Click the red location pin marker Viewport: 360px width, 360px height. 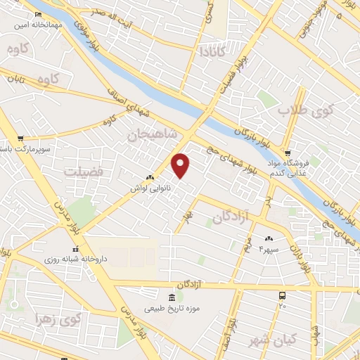click(181, 166)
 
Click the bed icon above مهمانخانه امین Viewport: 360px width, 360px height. click(37, 13)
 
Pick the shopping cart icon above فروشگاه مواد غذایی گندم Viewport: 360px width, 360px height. click(288, 153)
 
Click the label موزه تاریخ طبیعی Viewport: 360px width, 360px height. click(170, 308)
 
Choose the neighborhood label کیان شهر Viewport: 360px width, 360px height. click(273, 340)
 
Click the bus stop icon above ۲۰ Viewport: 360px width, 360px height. click(282, 296)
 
